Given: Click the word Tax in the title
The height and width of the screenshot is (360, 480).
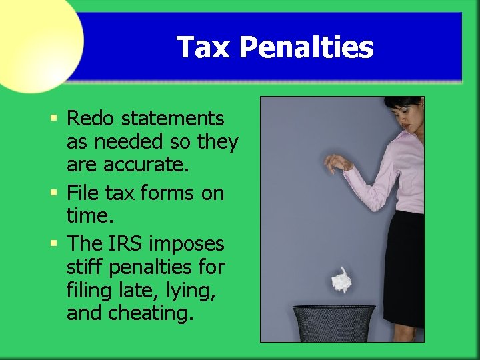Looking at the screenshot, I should click(203, 47).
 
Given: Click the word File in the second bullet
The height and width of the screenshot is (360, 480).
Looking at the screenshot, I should click(82, 193).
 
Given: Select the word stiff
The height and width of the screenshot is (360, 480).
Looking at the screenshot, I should click(84, 268).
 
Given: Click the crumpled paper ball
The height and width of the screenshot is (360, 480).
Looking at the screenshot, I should click(341, 279).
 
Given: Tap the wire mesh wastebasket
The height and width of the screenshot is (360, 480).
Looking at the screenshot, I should click(334, 324).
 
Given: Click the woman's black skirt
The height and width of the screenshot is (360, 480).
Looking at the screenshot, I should click(405, 267).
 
